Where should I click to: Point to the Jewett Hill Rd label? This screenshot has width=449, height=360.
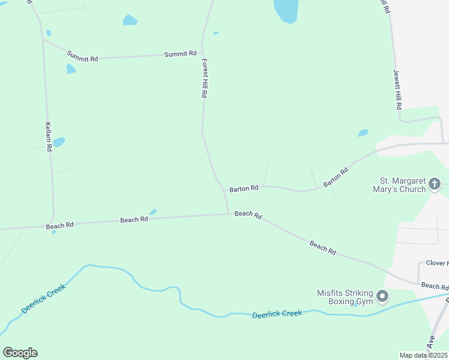coord(397,89)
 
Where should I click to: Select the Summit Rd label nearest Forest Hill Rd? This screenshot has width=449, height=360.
coord(181,54)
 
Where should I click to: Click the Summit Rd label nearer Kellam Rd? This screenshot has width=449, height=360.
coord(82,57)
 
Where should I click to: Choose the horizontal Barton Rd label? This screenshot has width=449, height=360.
coord(244,188)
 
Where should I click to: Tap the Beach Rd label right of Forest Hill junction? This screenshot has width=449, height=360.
coord(248,214)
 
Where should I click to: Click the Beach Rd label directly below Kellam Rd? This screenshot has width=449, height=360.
coord(59,226)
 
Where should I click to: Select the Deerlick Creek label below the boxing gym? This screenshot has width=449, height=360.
coord(277,314)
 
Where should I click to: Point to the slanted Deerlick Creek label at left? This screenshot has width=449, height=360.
coord(43,298)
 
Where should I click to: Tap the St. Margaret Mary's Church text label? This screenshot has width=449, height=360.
coord(403,185)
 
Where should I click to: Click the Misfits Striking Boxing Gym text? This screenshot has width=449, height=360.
coord(345,297)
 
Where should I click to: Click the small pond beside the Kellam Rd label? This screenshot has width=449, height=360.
coord(59,142)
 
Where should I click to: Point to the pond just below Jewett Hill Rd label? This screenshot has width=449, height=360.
coord(363,133)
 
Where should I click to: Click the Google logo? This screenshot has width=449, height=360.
coord(20,353)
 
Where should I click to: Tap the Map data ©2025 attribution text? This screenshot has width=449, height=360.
coord(423,355)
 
